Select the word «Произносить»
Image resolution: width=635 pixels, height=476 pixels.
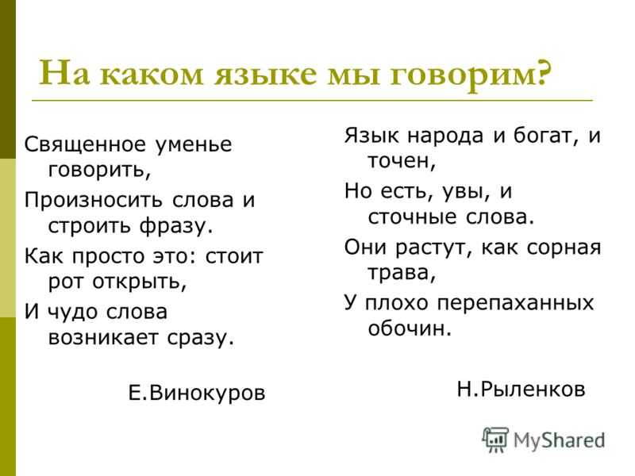point(94,200)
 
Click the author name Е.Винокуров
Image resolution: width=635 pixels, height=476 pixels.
point(197,393)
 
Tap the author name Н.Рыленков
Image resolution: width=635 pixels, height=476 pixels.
point(521,390)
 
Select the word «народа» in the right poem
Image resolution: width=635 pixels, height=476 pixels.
point(445,136)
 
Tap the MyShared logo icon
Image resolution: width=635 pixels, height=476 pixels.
point(495,440)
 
